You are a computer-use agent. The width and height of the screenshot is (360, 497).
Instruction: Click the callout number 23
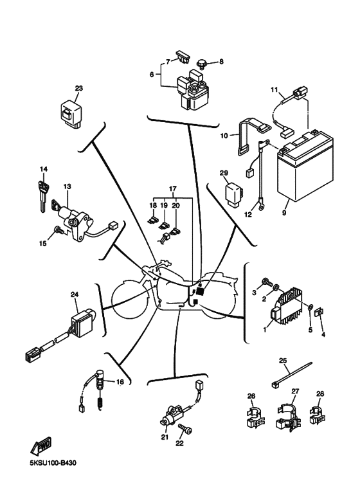[x=78, y=88]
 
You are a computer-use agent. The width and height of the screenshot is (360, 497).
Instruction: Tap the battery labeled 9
[x=305, y=167]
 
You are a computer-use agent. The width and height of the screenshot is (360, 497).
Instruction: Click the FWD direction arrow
[x=40, y=446]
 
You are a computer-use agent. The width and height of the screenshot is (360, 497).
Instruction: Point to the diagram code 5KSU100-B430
[x=53, y=463]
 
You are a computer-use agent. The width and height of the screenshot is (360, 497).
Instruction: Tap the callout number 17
[x=172, y=189]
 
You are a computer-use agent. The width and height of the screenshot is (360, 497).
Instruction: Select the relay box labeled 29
[x=233, y=194]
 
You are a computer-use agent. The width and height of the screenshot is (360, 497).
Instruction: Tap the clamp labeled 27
[x=287, y=417]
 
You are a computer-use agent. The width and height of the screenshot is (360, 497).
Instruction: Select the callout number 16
[x=120, y=382]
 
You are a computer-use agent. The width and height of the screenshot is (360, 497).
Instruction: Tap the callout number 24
[x=75, y=294]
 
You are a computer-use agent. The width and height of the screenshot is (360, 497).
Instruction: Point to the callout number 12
[x=248, y=215]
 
